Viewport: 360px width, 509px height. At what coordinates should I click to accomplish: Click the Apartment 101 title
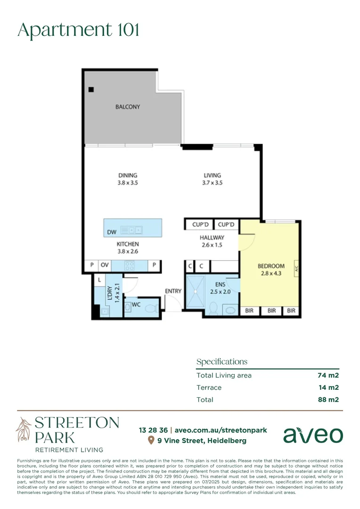pyautogui.click(x=78, y=30)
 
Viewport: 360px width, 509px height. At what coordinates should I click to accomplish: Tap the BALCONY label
pyautogui.click(x=128, y=107)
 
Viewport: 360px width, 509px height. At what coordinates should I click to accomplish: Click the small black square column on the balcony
pyautogui.click(x=91, y=90)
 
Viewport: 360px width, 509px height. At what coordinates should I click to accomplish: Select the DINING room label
pyautogui.click(x=128, y=175)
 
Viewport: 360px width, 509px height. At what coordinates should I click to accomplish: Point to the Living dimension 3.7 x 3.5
pyautogui.click(x=212, y=182)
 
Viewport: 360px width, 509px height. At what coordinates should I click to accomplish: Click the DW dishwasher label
pyautogui.click(x=112, y=232)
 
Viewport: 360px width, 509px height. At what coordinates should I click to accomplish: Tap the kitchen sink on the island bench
pyautogui.click(x=131, y=230)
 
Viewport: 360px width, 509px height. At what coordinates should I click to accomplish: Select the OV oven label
pyautogui.click(x=105, y=265)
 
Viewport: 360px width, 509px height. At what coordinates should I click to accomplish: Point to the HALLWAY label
pyautogui.click(x=212, y=238)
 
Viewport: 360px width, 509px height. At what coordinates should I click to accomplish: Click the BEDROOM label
pyautogui.click(x=271, y=266)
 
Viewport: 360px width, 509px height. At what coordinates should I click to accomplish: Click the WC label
pyautogui.click(x=136, y=304)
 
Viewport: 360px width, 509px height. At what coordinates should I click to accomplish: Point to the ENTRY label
pyautogui.click(x=173, y=291)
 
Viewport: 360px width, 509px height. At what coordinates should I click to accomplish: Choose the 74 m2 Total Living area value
pyautogui.click(x=328, y=376)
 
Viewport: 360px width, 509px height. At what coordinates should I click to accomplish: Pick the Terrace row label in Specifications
pyautogui.click(x=209, y=387)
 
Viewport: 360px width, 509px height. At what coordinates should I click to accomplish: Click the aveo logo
pyautogui.click(x=313, y=435)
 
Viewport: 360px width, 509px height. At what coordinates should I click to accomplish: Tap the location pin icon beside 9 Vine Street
pyautogui.click(x=151, y=441)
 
